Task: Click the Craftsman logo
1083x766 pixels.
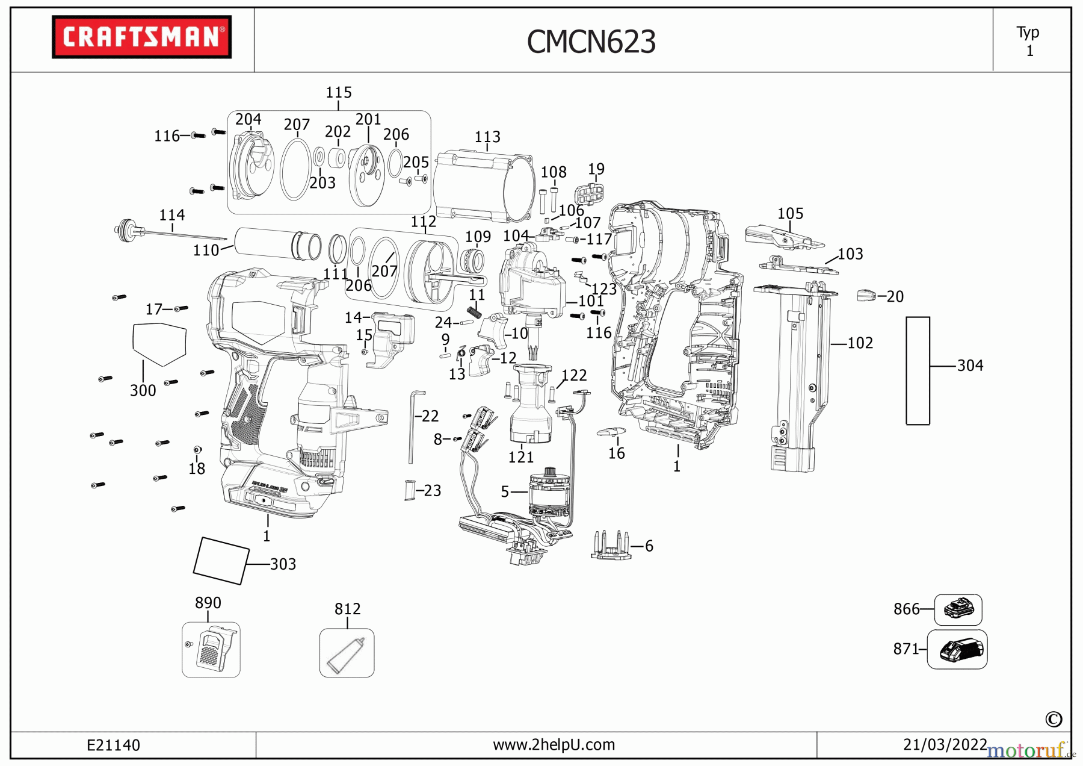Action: tap(141, 37)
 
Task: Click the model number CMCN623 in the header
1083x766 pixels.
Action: tap(591, 42)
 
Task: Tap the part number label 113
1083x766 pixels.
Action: tap(487, 137)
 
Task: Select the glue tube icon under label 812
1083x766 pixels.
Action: tap(346, 655)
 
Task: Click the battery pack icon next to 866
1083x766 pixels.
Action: tap(958, 609)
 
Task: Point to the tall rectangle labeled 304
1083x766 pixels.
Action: tap(918, 370)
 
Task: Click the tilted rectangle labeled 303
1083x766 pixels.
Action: tap(221, 561)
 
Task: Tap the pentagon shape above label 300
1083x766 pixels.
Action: tap(159, 344)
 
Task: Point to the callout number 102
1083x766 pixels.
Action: tap(860, 343)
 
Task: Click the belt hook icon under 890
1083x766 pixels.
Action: tap(211, 650)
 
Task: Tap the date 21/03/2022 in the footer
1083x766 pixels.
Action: tap(945, 745)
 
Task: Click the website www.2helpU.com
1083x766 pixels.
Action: tap(554, 745)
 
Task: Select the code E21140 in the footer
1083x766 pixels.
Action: tap(113, 746)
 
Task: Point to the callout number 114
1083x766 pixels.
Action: tap(172, 215)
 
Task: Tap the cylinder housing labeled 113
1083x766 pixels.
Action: tap(486, 187)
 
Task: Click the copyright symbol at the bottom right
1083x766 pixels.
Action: tap(1054, 719)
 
